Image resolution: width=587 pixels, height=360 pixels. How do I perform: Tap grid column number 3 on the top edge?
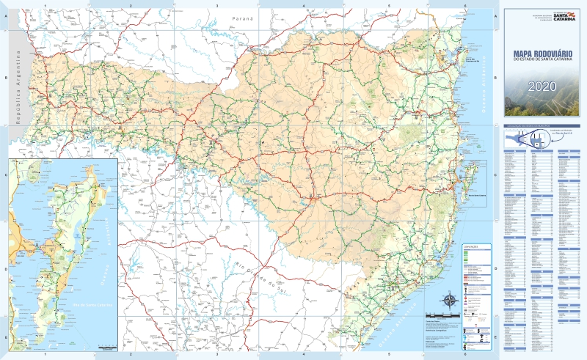pyautogui.click(x=217, y=5)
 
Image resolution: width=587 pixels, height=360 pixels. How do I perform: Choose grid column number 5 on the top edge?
pyautogui.click(x=389, y=5)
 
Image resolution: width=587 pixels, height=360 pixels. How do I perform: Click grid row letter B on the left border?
pyautogui.click(x=4, y=77)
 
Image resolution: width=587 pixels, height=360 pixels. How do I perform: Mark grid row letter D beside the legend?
pyautogui.click(x=494, y=269)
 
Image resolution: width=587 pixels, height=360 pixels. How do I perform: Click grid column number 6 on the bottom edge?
pyautogui.click(x=464, y=355)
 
